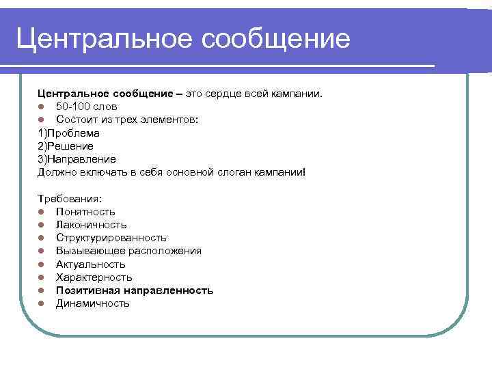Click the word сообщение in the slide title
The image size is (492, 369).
click(275, 38)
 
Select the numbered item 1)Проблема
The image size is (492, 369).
click(68, 133)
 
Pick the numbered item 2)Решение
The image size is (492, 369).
click(66, 146)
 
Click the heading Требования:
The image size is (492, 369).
click(70, 198)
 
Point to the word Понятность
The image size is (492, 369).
click(85, 212)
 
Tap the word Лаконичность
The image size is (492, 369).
click(91, 225)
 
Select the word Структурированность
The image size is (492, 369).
click(111, 238)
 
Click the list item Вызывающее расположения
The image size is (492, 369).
click(128, 251)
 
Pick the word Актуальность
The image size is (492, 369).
click(90, 264)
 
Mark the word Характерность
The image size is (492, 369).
click(94, 277)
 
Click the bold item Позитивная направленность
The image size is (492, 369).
click(134, 290)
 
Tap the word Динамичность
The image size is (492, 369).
click(92, 303)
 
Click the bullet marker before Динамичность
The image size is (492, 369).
click(42, 303)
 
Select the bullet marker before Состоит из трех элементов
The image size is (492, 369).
click(42, 120)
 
